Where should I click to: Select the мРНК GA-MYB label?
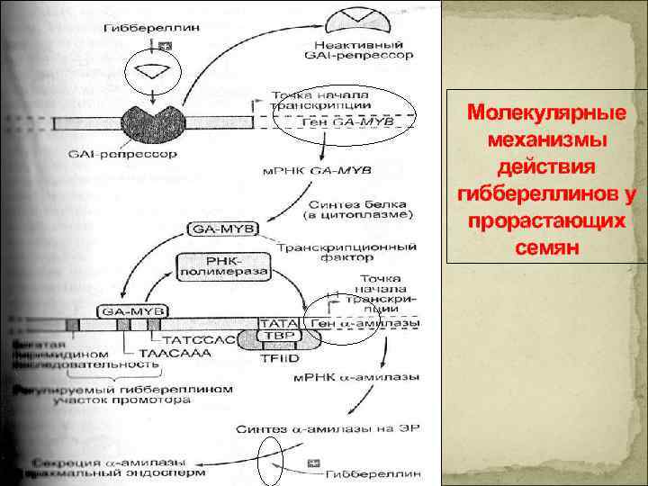tap(316, 169)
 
